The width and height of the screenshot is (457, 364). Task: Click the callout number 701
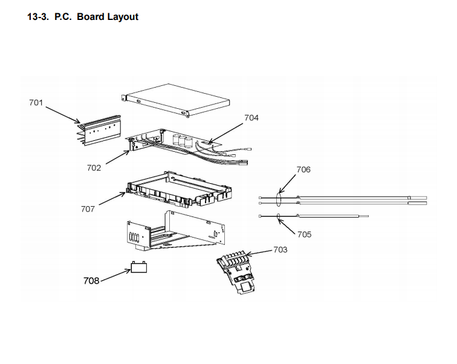click(36, 103)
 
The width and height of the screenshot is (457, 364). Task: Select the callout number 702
click(94, 168)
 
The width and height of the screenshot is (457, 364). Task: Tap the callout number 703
click(280, 249)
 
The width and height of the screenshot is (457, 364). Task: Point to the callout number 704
click(251, 118)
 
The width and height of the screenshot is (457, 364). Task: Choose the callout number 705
click(304, 234)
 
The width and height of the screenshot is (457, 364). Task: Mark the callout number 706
click(303, 170)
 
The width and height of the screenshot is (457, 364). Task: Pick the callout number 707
click(88, 209)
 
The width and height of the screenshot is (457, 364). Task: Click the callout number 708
click(91, 281)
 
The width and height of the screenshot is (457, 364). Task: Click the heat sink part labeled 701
click(99, 131)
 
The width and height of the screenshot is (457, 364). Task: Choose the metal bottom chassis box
click(175, 230)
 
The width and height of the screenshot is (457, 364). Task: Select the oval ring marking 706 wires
click(279, 200)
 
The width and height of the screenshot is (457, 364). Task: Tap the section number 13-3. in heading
click(38, 17)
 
